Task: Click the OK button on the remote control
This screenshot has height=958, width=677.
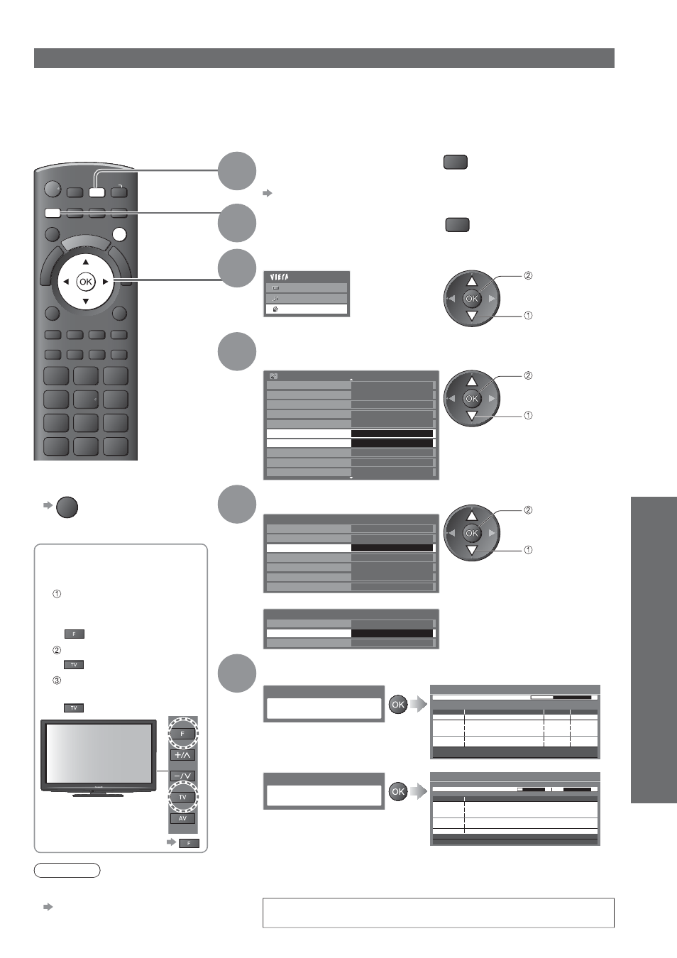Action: click(86, 282)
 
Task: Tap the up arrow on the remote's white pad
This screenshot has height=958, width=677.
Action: click(86, 262)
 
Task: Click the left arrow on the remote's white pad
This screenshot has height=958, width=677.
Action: click(66, 282)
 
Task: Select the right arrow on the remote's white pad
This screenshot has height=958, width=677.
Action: click(105, 282)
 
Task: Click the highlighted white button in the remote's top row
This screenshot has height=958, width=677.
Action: click(97, 192)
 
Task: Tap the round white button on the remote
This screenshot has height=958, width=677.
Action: click(120, 234)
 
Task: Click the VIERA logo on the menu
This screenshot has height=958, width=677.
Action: click(280, 277)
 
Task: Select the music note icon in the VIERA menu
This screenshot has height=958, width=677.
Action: click(275, 299)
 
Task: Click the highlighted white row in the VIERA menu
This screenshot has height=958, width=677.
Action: click(306, 309)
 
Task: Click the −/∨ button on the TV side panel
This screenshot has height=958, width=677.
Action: click(182, 776)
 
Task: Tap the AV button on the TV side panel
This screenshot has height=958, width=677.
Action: click(182, 819)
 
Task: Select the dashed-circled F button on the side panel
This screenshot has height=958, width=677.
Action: click(182, 734)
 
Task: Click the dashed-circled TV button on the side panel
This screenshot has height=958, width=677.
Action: click(182, 797)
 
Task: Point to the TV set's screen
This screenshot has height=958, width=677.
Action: click(99, 754)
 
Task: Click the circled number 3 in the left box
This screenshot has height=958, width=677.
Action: click(57, 681)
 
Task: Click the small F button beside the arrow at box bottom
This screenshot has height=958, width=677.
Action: click(189, 843)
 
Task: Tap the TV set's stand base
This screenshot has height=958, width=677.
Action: click(98, 795)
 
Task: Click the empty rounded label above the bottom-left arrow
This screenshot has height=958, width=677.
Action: click(67, 871)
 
